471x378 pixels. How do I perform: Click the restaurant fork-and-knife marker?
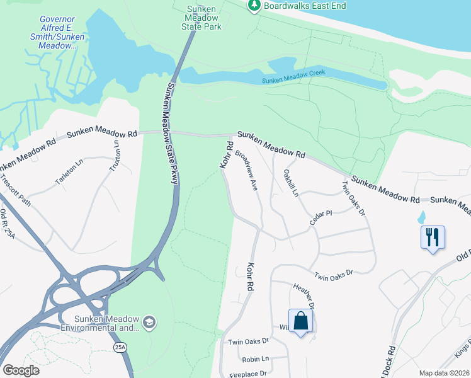click(x=433, y=238)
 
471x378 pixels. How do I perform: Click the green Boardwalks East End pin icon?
click(x=254, y=6)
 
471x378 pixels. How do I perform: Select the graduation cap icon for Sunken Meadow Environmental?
click(x=149, y=323)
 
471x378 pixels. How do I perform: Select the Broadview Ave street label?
click(x=247, y=171)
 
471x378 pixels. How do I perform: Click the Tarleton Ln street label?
click(x=69, y=172)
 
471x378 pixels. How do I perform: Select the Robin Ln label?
click(x=255, y=358)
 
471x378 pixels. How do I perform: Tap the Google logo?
click(x=21, y=370)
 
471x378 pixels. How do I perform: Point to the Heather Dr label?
click(x=304, y=294)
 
